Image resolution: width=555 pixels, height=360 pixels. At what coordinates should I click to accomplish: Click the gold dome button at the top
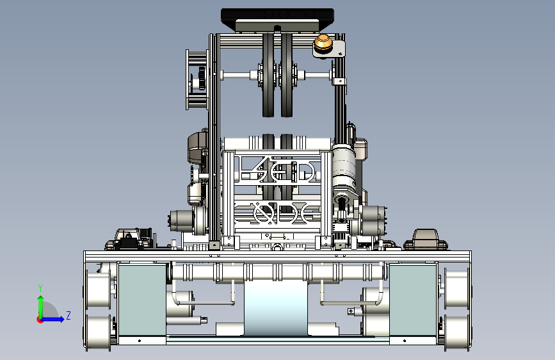pyautogui.click(x=323, y=42)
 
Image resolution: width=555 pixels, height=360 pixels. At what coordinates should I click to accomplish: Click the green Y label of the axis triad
pyautogui.click(x=40, y=288)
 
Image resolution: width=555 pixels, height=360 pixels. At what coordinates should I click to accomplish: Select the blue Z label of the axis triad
pyautogui.click(x=68, y=315)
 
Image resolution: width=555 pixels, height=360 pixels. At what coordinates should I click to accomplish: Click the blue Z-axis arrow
pyautogui.click(x=52, y=319)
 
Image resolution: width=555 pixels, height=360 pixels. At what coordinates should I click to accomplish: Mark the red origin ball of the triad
pyautogui.click(x=40, y=320)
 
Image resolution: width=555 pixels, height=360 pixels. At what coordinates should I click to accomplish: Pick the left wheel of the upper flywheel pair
pyautogui.click(x=269, y=75)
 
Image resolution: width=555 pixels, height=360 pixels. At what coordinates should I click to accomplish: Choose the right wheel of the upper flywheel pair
pyautogui.click(x=287, y=75)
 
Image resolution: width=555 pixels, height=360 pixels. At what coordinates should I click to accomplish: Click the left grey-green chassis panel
pyautogui.click(x=142, y=300)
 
